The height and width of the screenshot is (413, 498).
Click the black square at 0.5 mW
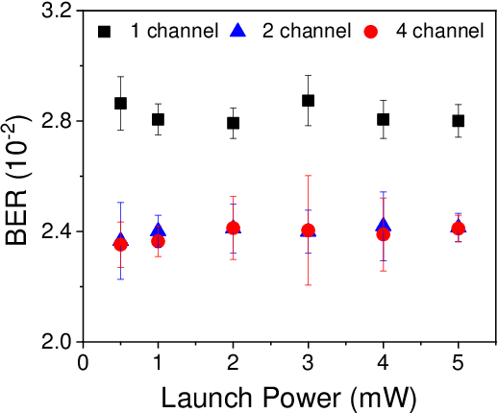pos(120,103)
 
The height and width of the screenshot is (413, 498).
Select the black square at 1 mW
pos(158,119)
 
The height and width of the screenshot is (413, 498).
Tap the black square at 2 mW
pos(233,123)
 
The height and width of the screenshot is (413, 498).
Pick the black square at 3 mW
pos(308,100)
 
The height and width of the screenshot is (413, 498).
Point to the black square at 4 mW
pos(383,119)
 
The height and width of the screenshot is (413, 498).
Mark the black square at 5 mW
pos(458,120)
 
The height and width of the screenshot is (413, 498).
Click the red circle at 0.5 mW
pos(120,244)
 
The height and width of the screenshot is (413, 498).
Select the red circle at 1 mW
pos(158,241)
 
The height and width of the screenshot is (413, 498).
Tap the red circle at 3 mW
pos(308,231)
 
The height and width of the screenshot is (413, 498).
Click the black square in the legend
pos(104,32)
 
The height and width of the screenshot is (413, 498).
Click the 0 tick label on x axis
pos(84,362)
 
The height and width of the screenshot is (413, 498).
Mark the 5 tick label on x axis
pos(458,362)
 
